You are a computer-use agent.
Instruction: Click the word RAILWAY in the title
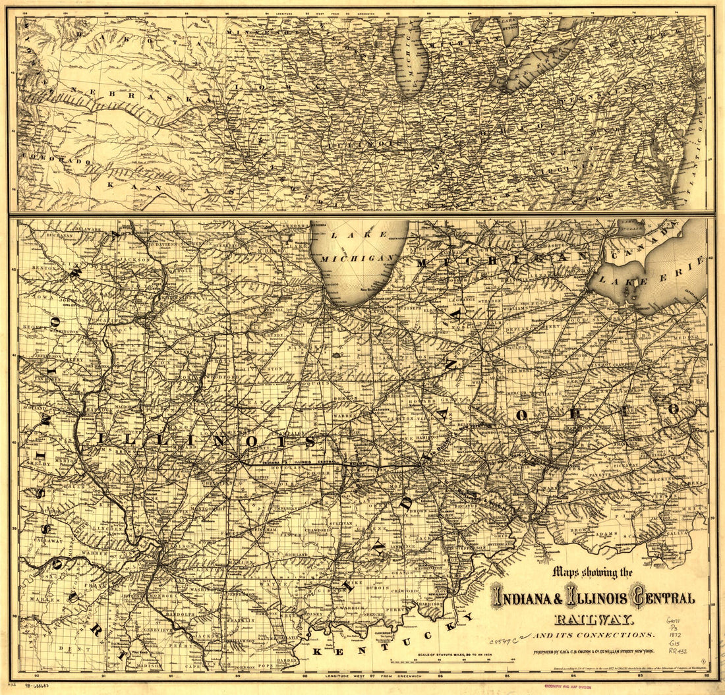[594, 619]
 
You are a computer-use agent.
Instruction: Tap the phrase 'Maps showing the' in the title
[593, 572]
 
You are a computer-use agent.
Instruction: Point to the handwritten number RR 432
[678, 651]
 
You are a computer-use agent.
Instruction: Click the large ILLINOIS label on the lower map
[204, 440]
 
